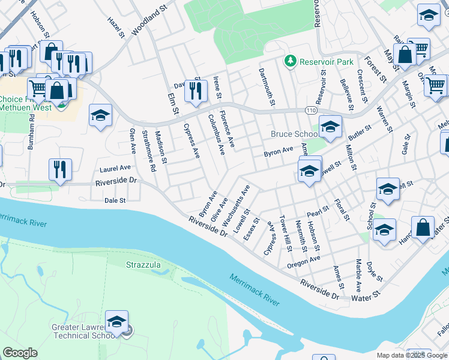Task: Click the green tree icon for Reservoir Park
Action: (291, 61)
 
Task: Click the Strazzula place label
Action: (145, 265)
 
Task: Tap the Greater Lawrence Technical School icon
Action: (117, 322)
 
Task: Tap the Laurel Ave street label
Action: (115, 169)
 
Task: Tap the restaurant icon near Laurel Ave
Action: (61, 169)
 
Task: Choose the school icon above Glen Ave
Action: (100, 115)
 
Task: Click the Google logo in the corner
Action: (20, 353)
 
